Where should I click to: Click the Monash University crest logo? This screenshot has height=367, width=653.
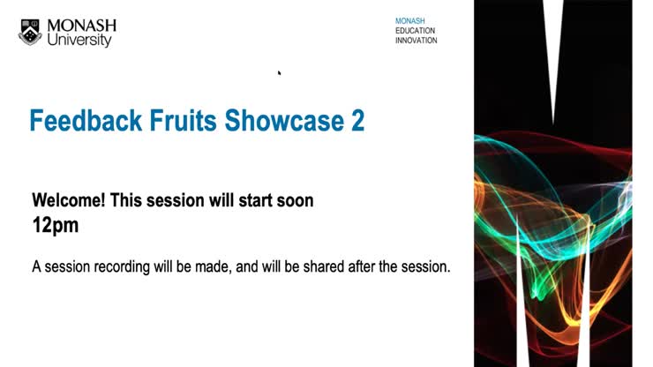pos(29,33)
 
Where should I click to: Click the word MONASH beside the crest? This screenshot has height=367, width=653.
pos(80,26)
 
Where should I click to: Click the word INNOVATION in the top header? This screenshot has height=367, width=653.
pos(416,41)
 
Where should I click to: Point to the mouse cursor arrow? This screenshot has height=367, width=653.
pos(279,73)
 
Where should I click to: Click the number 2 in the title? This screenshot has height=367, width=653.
pos(357,121)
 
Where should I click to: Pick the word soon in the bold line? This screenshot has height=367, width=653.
pos(293,200)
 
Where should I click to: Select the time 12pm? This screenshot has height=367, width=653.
pos(55,225)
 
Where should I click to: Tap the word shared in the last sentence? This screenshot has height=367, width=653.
pos(338,266)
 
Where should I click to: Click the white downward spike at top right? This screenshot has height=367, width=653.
pos(553,53)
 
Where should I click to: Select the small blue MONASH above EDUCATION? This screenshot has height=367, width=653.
pos(409,19)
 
